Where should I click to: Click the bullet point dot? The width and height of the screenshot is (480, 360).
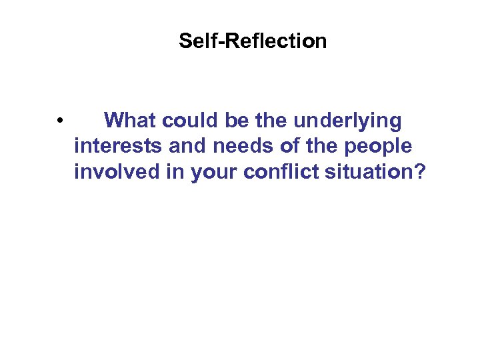click(x=60, y=121)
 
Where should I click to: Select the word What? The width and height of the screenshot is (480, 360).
click(x=131, y=121)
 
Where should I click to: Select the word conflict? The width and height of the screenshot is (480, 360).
click(x=279, y=171)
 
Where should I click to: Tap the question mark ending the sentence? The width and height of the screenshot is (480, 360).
click(x=420, y=171)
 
